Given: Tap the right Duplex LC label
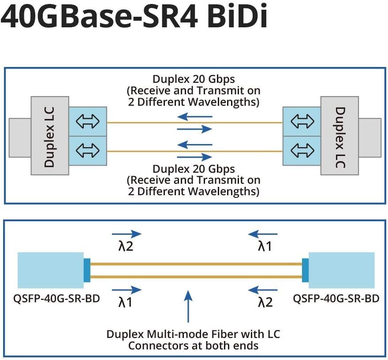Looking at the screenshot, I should (339, 137).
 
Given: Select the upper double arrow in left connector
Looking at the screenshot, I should (88, 122).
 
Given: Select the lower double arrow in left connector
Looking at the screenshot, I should (88, 151).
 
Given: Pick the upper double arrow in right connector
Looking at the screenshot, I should (302, 122).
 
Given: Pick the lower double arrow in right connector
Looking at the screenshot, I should (302, 151).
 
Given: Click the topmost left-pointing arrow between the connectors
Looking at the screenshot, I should (194, 117).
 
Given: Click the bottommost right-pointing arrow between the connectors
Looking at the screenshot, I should (194, 156).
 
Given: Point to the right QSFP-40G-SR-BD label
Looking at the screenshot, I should (336, 298).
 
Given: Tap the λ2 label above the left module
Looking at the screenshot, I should (126, 246).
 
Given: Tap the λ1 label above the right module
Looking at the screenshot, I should (265, 246).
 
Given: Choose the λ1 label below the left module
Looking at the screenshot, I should (126, 302).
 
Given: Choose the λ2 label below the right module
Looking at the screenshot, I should (265, 302).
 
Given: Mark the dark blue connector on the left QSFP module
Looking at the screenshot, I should (87, 270).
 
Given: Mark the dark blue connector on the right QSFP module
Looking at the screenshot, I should (305, 270).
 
